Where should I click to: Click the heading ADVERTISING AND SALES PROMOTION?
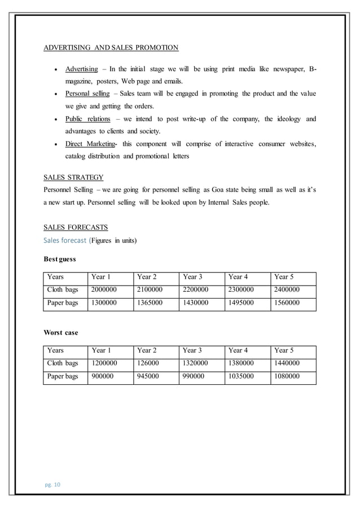coord(111,47)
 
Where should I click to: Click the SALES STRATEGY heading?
coord(73,177)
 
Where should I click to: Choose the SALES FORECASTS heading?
coord(76,228)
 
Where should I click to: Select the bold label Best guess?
coord(60,260)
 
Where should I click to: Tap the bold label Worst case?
coord(61,332)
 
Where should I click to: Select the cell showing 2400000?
coord(287,290)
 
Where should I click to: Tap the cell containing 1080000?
coord(287,376)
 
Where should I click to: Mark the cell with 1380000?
coord(242,363)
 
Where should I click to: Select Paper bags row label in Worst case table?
coord(63,376)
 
